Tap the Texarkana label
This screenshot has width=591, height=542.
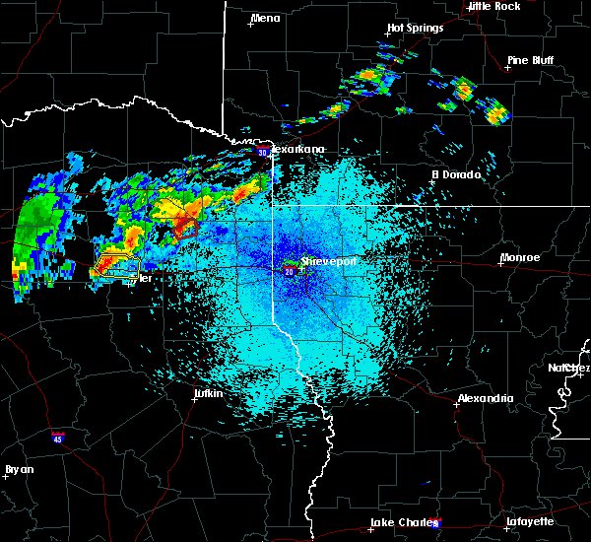pos(297,149)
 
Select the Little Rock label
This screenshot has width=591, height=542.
pos(493,6)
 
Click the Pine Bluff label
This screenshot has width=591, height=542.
pos(530,60)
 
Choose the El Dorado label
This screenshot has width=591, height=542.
pos(456,174)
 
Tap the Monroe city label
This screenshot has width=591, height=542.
pos(519,257)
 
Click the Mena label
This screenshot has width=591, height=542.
pos(265,18)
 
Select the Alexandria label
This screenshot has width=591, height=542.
pos(485,398)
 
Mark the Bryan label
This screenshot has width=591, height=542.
pos(19,469)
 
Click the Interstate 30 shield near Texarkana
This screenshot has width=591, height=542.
pos(262,152)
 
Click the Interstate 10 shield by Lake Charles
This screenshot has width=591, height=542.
pos(436,523)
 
